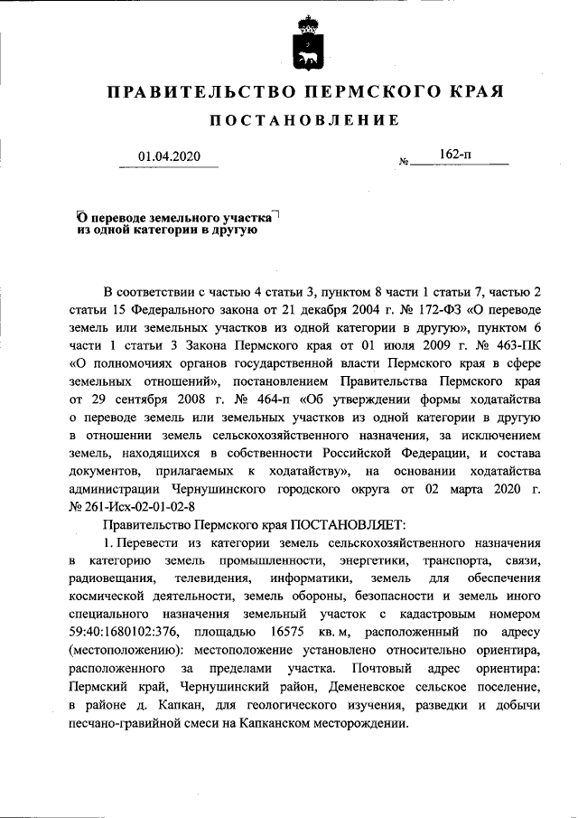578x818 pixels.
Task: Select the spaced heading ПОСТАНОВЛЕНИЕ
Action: tap(303, 121)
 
